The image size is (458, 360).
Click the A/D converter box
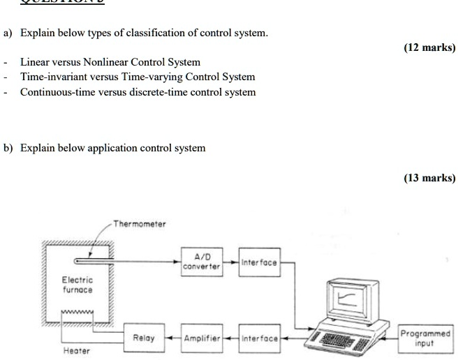point(201,262)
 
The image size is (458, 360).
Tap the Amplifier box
point(201,338)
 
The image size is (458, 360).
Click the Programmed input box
point(426,338)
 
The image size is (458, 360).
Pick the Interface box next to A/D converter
point(258,262)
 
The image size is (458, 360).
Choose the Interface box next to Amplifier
point(258,338)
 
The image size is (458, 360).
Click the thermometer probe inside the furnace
point(98,262)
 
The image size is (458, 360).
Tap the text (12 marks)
point(429,47)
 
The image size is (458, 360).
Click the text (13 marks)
point(429,178)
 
